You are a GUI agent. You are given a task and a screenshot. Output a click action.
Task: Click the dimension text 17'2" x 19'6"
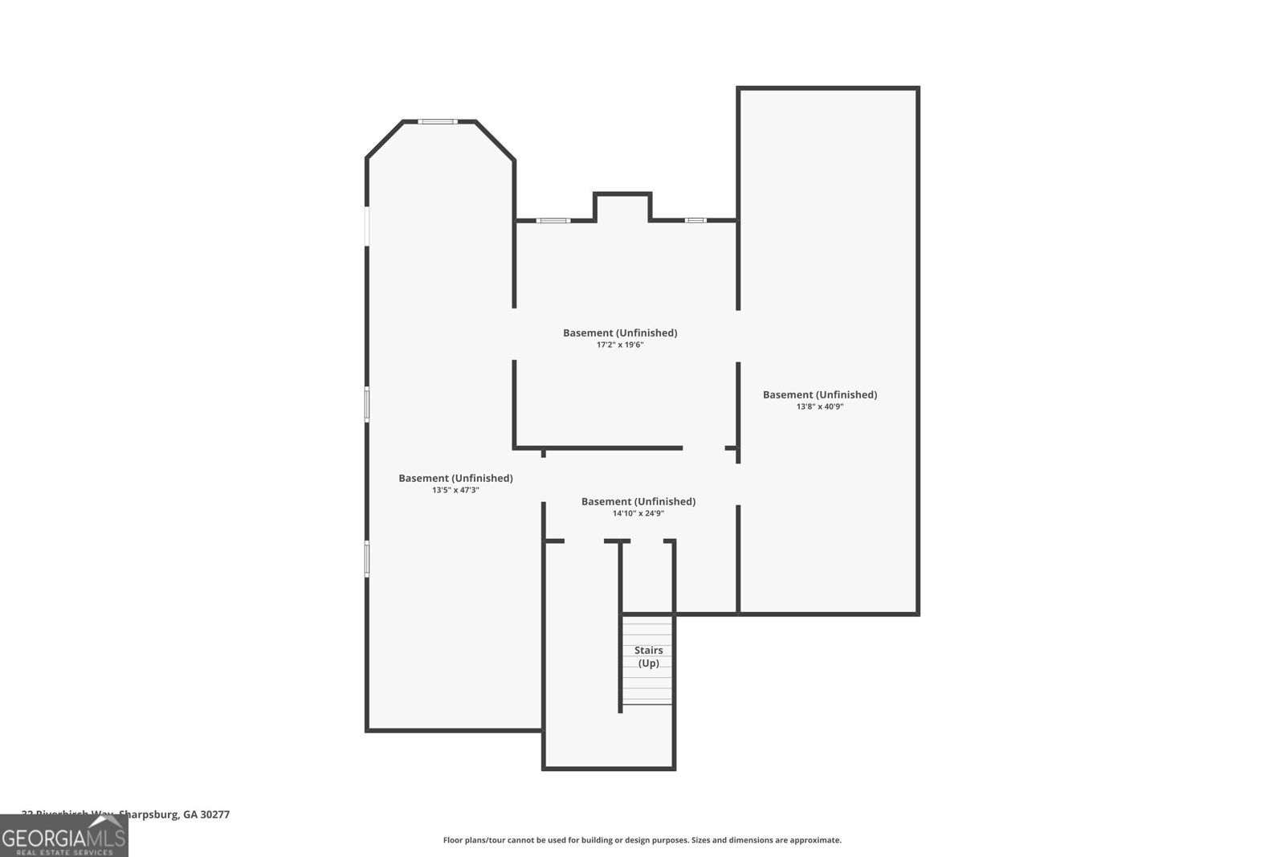(x=620, y=345)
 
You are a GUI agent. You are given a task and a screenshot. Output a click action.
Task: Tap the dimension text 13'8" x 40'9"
(x=820, y=406)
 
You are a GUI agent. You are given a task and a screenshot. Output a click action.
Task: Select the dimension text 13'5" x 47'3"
(x=455, y=490)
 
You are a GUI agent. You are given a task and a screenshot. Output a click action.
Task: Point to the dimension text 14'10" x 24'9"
(x=638, y=513)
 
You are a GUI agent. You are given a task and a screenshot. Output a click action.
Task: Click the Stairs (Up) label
(x=648, y=656)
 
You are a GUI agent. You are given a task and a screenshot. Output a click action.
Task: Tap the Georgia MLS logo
(x=64, y=836)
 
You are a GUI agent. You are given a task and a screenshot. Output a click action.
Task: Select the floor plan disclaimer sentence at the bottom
(x=642, y=840)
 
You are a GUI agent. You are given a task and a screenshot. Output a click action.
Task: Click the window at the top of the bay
(x=438, y=121)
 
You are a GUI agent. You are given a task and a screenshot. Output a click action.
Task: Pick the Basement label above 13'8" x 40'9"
(x=820, y=394)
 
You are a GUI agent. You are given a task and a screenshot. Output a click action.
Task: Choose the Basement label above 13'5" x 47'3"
(x=455, y=478)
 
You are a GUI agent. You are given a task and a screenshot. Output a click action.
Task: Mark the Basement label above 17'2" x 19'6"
(x=620, y=333)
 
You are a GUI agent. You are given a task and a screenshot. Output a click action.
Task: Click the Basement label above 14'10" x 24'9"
(x=638, y=501)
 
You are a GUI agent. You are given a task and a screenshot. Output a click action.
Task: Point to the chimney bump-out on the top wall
(x=622, y=206)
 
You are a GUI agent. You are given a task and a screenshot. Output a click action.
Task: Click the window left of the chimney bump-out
(x=553, y=220)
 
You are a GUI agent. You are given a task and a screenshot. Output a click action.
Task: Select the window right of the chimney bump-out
(x=696, y=220)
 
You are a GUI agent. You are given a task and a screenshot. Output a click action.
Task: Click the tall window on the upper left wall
(x=367, y=226)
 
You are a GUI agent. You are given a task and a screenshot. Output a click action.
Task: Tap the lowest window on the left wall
(x=367, y=558)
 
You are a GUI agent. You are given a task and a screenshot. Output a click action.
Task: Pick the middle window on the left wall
(x=367, y=404)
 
